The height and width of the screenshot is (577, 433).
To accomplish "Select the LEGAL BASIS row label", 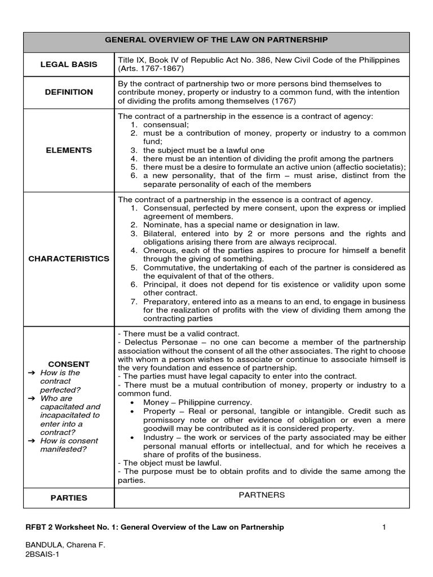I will pyautogui.click(x=68, y=64).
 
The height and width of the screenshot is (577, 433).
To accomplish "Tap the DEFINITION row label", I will pyautogui.click(x=69, y=92).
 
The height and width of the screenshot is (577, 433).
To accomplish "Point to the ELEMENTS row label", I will pyautogui.click(x=69, y=150).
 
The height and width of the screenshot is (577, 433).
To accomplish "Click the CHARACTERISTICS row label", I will pyautogui.click(x=69, y=259).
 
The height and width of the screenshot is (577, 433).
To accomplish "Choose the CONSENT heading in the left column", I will pyautogui.click(x=69, y=364).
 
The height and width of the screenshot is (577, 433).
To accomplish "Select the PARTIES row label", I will pyautogui.click(x=69, y=498).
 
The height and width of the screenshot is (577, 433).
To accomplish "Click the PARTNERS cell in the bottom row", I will pyautogui.click(x=262, y=495).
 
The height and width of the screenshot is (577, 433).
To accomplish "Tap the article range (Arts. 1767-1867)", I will pyautogui.click(x=151, y=69).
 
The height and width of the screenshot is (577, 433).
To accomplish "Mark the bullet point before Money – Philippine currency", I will pyautogui.click(x=131, y=403).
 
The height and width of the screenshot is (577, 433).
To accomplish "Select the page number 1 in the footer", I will pyautogui.click(x=383, y=527).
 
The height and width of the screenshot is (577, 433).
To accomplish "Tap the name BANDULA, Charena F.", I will pyautogui.click(x=65, y=545).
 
